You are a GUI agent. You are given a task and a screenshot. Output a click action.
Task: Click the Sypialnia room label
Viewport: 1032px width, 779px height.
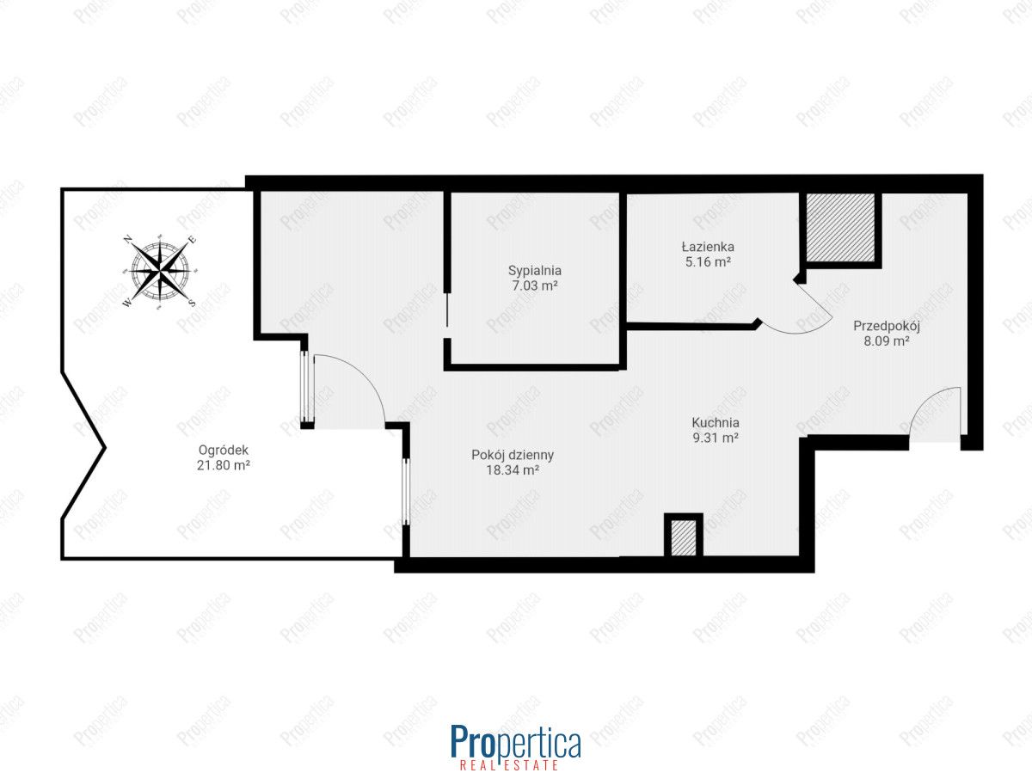tap(535, 271)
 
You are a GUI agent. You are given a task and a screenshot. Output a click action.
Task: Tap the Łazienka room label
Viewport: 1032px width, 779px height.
tap(708, 247)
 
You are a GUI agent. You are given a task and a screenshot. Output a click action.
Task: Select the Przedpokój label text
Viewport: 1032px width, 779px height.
tap(887, 326)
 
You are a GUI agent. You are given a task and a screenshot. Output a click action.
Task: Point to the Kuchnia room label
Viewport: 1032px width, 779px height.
tap(716, 422)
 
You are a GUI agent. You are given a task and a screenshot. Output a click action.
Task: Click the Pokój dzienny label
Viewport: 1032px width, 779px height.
tap(513, 456)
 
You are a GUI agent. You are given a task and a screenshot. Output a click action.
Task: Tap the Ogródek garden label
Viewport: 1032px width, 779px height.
tap(224, 451)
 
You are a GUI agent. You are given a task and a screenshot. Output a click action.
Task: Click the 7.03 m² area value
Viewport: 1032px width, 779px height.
tap(535, 285)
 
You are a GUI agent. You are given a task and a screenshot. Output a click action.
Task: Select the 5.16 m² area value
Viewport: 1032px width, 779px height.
tap(708, 261)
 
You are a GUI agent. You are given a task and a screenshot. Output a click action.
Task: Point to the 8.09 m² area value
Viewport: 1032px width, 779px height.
tap(887, 341)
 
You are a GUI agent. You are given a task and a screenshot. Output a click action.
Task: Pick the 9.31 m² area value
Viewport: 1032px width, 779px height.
tap(716, 438)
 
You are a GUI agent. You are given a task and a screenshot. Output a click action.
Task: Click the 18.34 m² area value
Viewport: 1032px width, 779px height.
tap(513, 469)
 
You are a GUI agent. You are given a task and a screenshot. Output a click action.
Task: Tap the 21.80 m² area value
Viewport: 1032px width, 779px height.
tap(224, 465)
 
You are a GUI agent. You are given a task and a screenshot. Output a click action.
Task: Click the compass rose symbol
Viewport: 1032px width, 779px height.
tap(160, 271)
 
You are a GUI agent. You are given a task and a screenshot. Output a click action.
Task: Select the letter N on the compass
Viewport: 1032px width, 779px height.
tap(127, 240)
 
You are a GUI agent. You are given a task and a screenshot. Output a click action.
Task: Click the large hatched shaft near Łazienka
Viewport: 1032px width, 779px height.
tap(840, 228)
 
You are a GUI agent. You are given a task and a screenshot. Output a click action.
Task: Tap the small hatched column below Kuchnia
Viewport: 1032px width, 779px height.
tap(683, 538)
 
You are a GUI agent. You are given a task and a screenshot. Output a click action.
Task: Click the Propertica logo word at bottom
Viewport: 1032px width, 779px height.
tap(516, 740)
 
